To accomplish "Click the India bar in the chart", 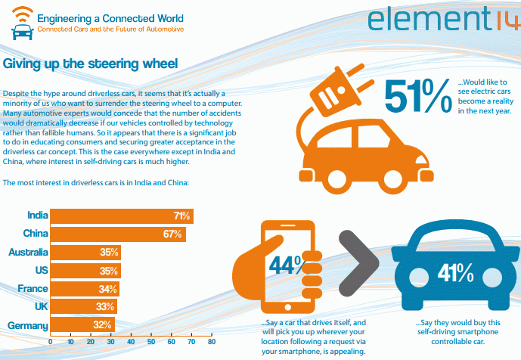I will coord(121,216).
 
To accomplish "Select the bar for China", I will coord(117,234).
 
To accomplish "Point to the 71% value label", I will coord(181,216).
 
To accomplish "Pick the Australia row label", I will coord(28,252).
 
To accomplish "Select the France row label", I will coord(33,288).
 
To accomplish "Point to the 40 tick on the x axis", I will coord(131,341).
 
